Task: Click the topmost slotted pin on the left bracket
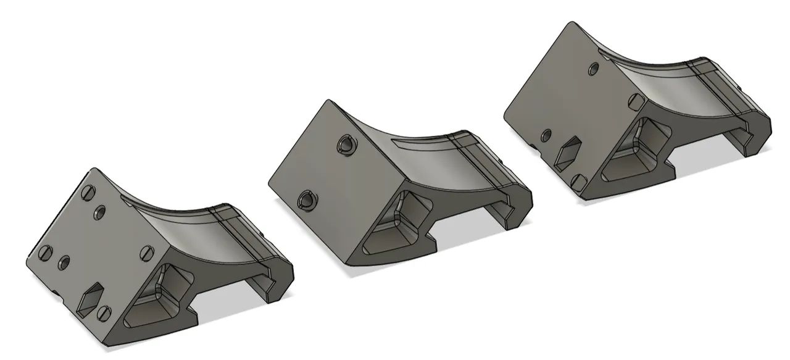click(86, 192)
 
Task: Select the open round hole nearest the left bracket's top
click(99, 212)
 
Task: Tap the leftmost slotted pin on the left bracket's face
click(44, 252)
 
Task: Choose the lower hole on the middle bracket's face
click(307, 199)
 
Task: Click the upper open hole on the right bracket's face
click(594, 68)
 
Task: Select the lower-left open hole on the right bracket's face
click(546, 135)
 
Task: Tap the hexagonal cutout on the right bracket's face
click(568, 153)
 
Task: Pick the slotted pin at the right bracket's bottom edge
click(578, 182)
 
